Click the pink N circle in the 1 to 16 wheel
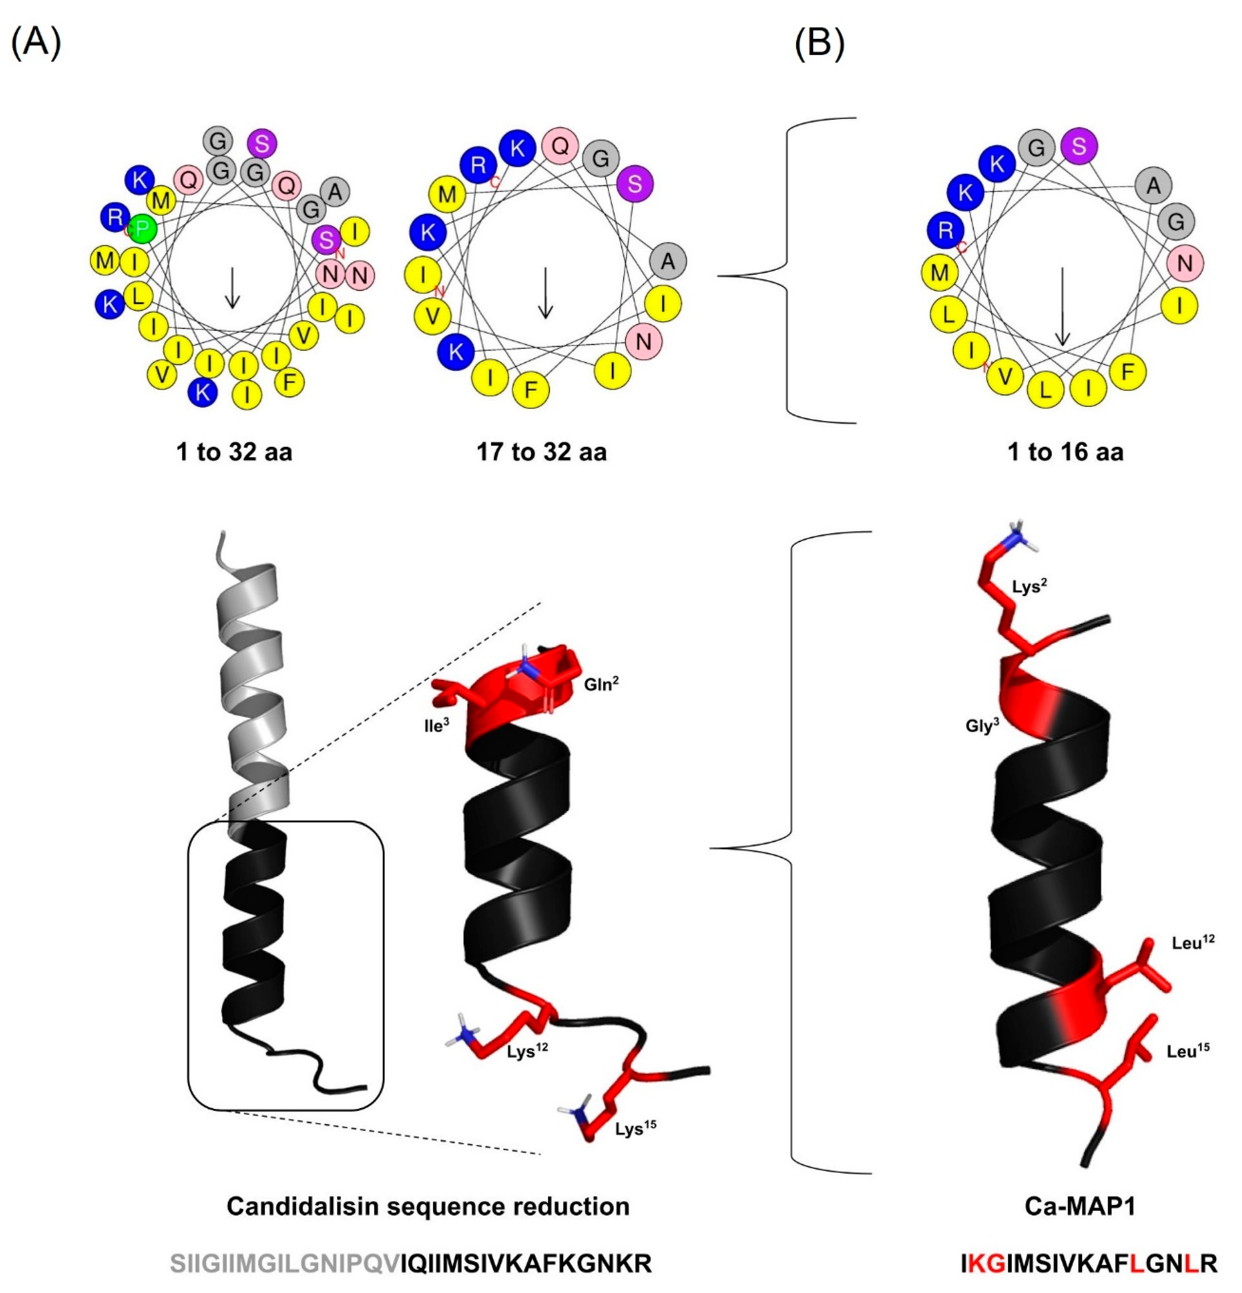click(x=1185, y=263)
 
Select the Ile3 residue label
click(x=437, y=726)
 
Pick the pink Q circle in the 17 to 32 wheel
click(x=560, y=146)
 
